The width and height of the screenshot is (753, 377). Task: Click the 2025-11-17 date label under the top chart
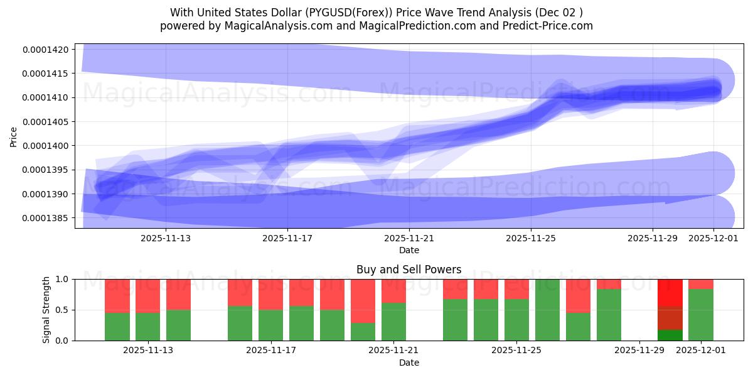point(287,238)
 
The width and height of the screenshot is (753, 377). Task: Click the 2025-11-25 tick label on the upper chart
point(531,238)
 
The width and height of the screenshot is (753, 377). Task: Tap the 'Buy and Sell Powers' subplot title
point(409,270)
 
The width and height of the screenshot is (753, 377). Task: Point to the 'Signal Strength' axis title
point(46,309)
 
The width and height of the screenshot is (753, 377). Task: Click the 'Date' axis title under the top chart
point(409,250)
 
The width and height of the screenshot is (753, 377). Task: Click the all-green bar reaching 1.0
point(547,310)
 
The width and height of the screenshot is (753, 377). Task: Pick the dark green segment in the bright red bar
point(670,335)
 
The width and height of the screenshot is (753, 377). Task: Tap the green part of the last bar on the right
point(701,315)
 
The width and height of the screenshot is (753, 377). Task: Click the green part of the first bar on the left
point(117,326)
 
